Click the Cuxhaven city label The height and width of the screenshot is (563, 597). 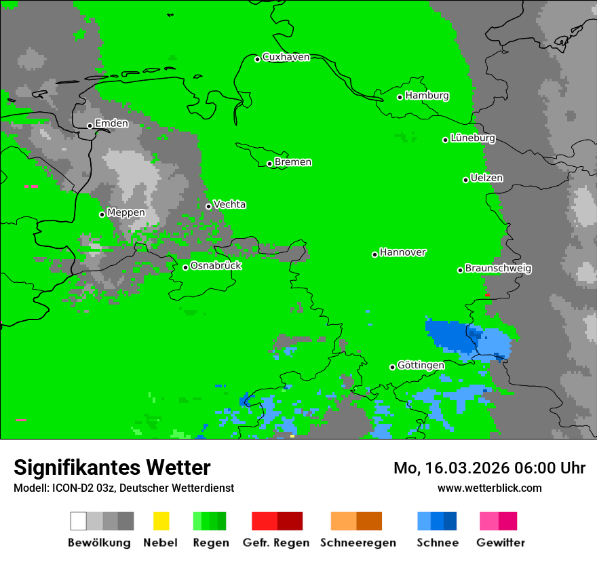click(x=286, y=57)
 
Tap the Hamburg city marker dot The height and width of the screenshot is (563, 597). click(x=400, y=97)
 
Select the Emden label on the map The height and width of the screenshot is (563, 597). click(x=111, y=123)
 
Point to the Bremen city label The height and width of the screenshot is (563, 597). click(x=293, y=162)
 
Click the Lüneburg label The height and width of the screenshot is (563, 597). click(x=473, y=138)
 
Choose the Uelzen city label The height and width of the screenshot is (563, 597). click(x=486, y=178)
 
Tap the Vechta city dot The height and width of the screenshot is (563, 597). click(x=209, y=206)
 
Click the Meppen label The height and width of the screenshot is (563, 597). click(x=126, y=212)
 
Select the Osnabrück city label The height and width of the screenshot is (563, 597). click(x=216, y=265)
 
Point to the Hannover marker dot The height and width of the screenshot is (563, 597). click(x=374, y=254)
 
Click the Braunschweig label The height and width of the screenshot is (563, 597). click(x=498, y=268)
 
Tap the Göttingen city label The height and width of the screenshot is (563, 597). click(x=421, y=365)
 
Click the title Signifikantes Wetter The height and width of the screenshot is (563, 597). click(x=112, y=467)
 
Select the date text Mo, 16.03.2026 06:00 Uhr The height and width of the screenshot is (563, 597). click(x=489, y=468)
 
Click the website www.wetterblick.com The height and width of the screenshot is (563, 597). click(x=489, y=488)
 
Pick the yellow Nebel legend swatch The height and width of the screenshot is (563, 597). click(x=161, y=521)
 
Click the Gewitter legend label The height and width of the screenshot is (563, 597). click(x=500, y=543)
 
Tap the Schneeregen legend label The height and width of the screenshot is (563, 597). click(x=358, y=543)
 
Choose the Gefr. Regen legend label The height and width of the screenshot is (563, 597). click(x=275, y=543)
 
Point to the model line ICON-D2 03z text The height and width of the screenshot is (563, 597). click(x=123, y=488)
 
